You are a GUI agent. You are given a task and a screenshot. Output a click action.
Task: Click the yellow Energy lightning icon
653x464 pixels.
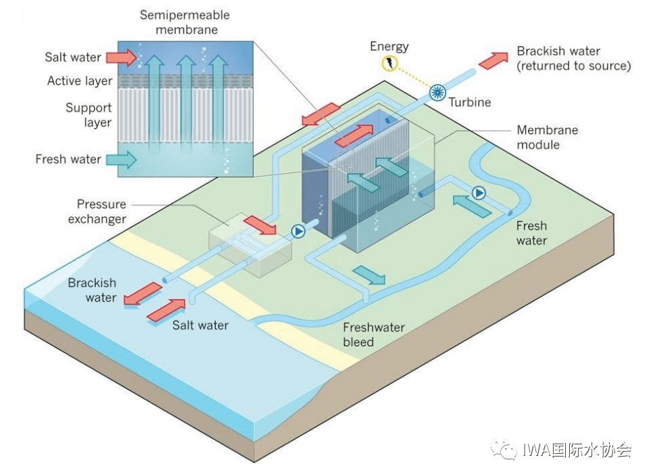390,64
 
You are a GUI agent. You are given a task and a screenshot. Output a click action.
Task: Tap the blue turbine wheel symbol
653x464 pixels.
438,93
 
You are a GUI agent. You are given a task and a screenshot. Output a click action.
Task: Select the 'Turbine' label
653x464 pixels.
470,103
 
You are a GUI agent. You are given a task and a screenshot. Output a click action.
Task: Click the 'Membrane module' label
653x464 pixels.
548,137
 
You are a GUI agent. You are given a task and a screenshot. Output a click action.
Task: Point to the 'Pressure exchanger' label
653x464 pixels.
101,211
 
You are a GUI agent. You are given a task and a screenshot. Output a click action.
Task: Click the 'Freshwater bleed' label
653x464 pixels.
374,335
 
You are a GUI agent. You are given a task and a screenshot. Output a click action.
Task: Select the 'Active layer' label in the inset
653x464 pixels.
80,81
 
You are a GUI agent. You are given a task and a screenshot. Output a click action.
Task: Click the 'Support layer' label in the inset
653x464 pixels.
89,115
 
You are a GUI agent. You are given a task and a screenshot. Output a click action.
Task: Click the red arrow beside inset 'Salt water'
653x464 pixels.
122,57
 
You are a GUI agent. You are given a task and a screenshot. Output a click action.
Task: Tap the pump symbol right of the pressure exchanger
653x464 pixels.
298,231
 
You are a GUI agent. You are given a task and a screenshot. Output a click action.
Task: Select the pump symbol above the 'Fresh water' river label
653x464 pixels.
479,193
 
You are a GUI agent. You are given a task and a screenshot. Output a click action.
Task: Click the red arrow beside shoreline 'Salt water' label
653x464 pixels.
166,309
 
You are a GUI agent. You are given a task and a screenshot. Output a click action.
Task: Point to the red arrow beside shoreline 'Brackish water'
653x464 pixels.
143,294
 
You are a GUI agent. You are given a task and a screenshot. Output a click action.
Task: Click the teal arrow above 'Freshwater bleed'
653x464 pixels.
369,275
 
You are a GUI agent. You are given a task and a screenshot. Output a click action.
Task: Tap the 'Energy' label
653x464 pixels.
389,47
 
